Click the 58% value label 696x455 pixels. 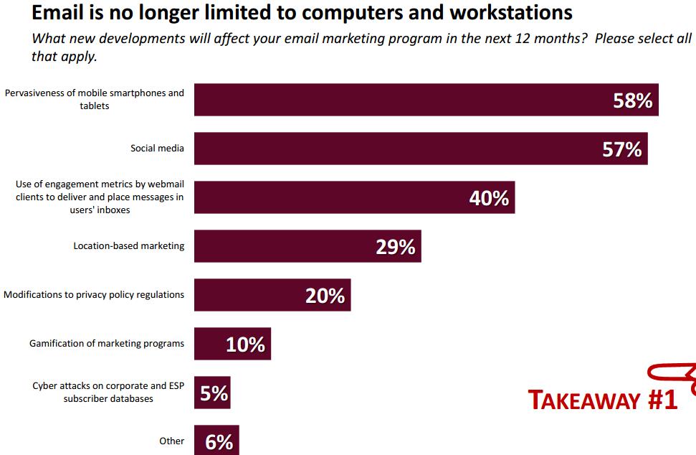[x=633, y=101]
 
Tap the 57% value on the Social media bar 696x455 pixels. [x=622, y=149]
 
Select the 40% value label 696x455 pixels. [x=489, y=198]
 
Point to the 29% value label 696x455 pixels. [x=396, y=247]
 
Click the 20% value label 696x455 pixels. [x=325, y=295]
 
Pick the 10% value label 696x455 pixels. [x=245, y=344]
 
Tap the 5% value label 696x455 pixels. [x=214, y=393]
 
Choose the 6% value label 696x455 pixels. [x=219, y=442]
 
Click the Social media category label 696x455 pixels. [x=157, y=149]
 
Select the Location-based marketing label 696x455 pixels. [x=128, y=246]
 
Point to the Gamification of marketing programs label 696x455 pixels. [x=107, y=344]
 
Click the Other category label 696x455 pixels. [x=171, y=441]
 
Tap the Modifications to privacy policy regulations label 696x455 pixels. [x=94, y=295]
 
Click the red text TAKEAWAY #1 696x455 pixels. [x=603, y=400]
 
